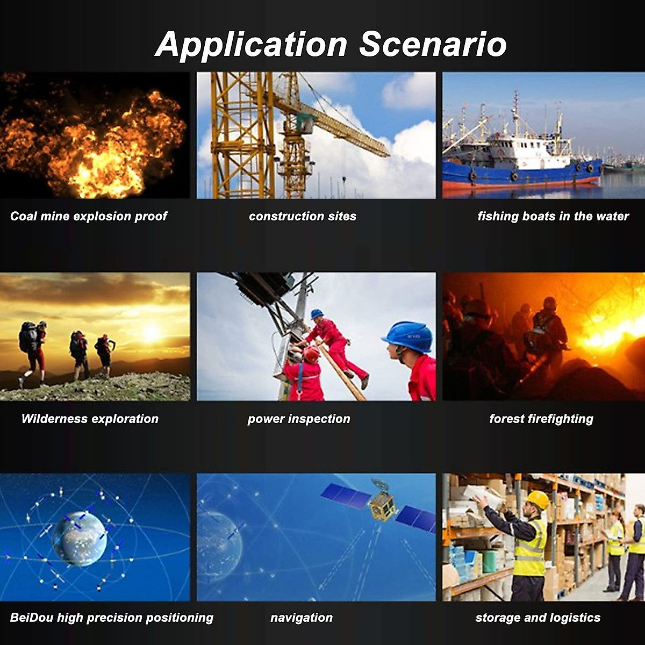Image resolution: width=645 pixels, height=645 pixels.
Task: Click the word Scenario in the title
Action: point(433,45)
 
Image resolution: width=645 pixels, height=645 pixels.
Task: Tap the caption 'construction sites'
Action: point(303,216)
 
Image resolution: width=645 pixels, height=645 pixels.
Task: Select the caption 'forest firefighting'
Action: point(541,419)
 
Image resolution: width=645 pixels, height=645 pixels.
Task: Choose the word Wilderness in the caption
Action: point(53,419)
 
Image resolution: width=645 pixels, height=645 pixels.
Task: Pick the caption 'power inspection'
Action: point(299,419)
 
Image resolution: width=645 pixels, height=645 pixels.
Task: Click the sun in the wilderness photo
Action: point(151,333)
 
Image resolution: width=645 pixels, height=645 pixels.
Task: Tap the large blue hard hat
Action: point(407,336)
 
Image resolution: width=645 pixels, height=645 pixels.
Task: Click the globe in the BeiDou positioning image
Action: point(80,539)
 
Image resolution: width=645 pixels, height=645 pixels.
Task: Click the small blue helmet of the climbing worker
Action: point(316,313)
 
